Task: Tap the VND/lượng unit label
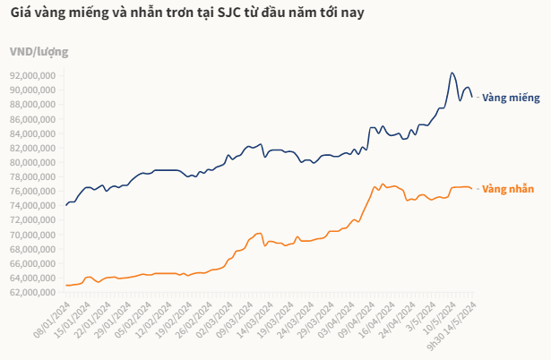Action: point(39,51)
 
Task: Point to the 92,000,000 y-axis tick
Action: point(33,75)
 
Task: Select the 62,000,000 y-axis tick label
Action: point(33,292)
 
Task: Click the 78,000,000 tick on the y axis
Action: point(33,176)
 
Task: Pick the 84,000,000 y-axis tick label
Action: point(33,133)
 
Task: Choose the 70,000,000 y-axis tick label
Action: point(33,235)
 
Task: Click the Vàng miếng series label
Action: point(511,97)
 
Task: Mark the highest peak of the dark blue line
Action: point(452,73)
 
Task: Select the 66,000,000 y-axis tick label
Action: point(33,263)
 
